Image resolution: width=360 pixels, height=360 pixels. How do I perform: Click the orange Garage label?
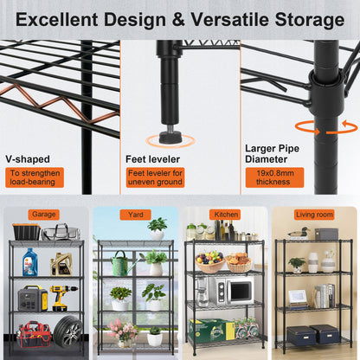43,215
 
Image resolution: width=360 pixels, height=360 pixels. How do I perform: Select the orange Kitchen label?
224,215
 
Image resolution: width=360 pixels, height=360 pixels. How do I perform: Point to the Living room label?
314,215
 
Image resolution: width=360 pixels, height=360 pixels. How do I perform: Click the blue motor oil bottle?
30,261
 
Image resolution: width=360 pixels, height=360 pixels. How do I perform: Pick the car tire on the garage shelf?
68,332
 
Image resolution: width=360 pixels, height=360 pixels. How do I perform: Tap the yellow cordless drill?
63,296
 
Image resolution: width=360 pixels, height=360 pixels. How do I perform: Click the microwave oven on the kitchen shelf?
233,292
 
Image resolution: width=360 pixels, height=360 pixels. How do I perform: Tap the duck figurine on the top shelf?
299,233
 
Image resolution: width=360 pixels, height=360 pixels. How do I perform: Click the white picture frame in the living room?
297,296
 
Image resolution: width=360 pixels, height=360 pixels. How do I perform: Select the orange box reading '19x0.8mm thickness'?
273,177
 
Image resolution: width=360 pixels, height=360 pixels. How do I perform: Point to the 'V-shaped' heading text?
28,159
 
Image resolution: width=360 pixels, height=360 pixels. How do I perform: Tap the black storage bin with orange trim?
25,231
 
